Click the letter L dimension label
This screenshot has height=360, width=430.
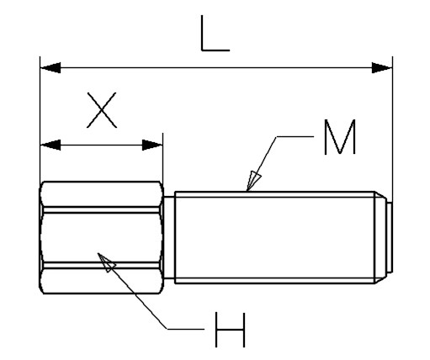215,34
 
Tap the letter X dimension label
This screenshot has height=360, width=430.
102,110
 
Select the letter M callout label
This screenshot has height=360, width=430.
340,137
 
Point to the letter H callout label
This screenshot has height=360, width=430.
231,330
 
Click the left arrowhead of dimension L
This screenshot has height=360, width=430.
50,68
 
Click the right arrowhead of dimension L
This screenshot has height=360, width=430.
382,68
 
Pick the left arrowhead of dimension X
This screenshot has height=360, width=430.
50,145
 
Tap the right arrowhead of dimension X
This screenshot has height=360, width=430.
152,145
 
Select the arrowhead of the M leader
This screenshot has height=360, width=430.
253,180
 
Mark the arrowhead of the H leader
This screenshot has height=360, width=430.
107,262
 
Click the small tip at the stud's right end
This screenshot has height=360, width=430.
390,237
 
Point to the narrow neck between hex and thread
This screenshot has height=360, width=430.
169,237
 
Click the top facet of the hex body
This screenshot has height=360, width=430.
101,194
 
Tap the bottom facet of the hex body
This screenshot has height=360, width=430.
101,281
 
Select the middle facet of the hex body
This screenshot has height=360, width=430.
101,238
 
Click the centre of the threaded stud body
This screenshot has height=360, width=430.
275,237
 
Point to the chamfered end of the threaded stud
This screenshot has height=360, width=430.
380,237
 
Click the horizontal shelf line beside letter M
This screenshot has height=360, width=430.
295,136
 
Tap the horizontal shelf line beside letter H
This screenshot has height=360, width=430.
186,329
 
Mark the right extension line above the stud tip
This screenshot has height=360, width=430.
392,129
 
